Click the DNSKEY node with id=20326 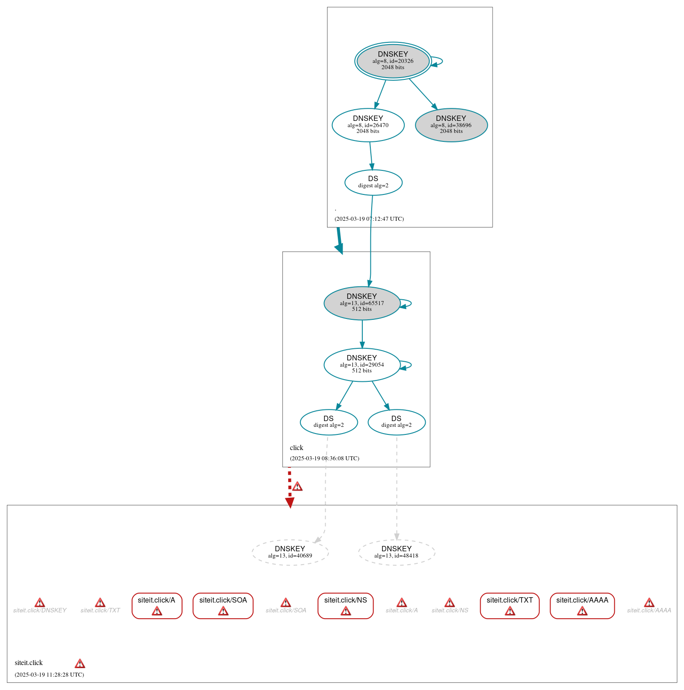tap(393, 61)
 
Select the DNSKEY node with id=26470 tap(368, 125)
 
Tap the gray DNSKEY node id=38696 tap(451, 125)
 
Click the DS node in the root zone tap(373, 182)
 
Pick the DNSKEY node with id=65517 tap(361, 303)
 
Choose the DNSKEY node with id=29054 tap(361, 365)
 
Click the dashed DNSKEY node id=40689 tap(290, 553)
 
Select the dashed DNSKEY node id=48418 tap(396, 553)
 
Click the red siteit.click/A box tap(157, 606)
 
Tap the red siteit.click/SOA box tap(223, 606)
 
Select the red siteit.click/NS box tap(345, 606)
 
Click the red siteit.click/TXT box tap(510, 606)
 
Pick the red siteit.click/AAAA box tap(582, 606)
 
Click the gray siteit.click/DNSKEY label tap(40, 610)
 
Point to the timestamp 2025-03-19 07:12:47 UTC tap(369, 219)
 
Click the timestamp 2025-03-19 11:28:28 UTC tap(49, 675)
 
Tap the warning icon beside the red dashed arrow tap(297, 487)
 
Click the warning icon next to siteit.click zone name tap(80, 664)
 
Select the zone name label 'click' tap(296, 448)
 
